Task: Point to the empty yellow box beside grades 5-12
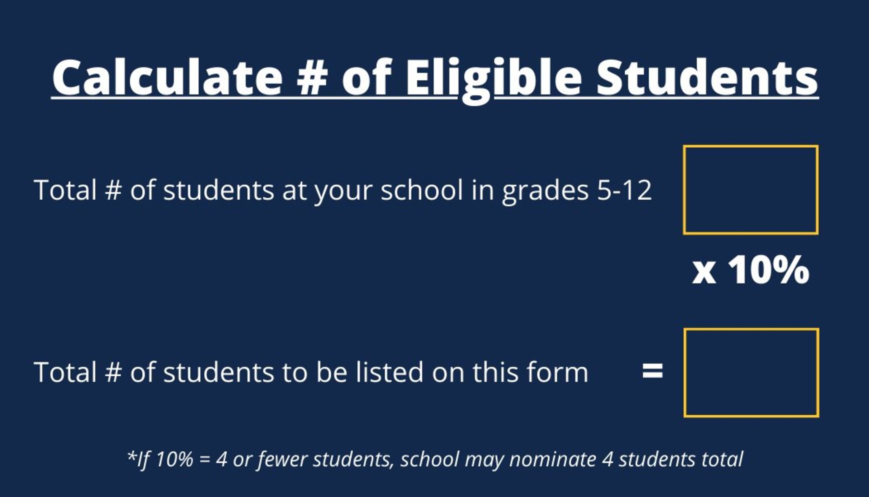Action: pos(751,190)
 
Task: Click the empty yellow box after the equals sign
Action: pos(751,373)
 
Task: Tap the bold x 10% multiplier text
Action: pos(751,270)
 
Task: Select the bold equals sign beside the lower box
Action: pos(652,371)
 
